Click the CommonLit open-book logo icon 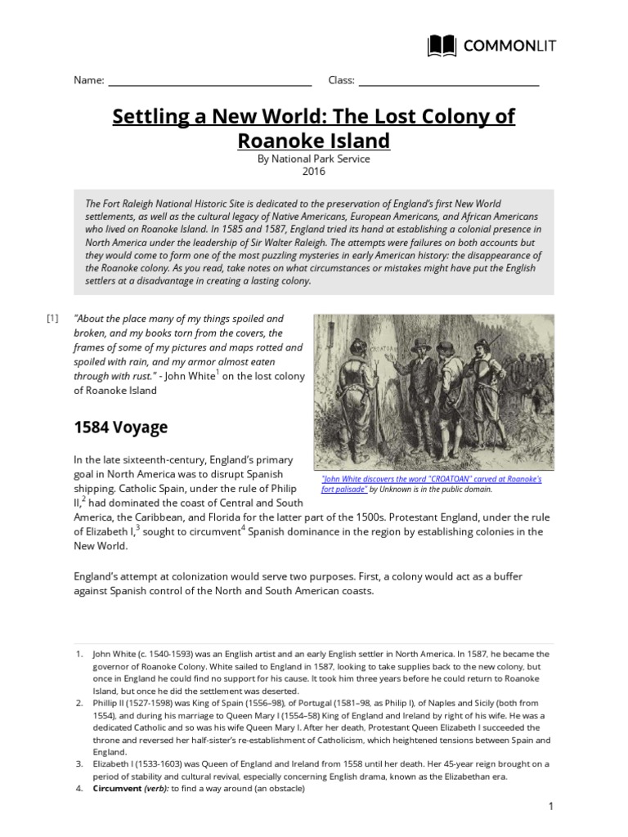pyautogui.click(x=442, y=46)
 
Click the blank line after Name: pyautogui.click(x=209, y=81)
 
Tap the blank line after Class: pyautogui.click(x=448, y=81)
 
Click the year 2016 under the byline pyautogui.click(x=314, y=172)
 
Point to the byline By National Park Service pyautogui.click(x=314, y=159)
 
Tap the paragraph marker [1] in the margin pyautogui.click(x=53, y=318)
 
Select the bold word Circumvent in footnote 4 pyautogui.click(x=119, y=789)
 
